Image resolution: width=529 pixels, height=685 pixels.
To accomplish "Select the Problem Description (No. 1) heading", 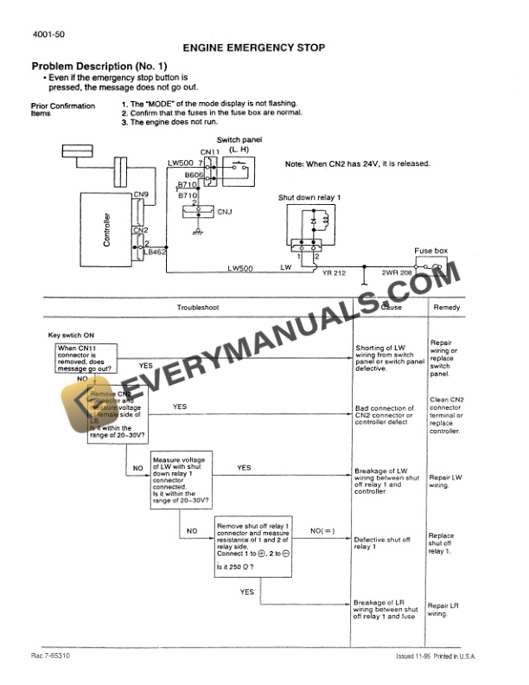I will pyautogui.click(x=99, y=67).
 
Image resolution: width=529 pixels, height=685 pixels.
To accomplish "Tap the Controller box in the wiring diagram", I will pyautogui.click(x=107, y=229).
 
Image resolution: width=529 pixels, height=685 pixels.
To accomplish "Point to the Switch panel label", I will pyautogui.click(x=239, y=139).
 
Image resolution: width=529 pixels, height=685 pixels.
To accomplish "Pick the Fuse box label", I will pyautogui.click(x=430, y=251).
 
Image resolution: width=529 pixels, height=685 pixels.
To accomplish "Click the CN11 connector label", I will pyautogui.click(x=210, y=153).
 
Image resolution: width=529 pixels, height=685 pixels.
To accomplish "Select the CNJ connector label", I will pyautogui.click(x=224, y=211).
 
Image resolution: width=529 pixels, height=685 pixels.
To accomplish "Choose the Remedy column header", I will pyautogui.click(x=446, y=308).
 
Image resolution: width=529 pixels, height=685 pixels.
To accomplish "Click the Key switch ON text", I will pyautogui.click(x=66, y=335).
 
